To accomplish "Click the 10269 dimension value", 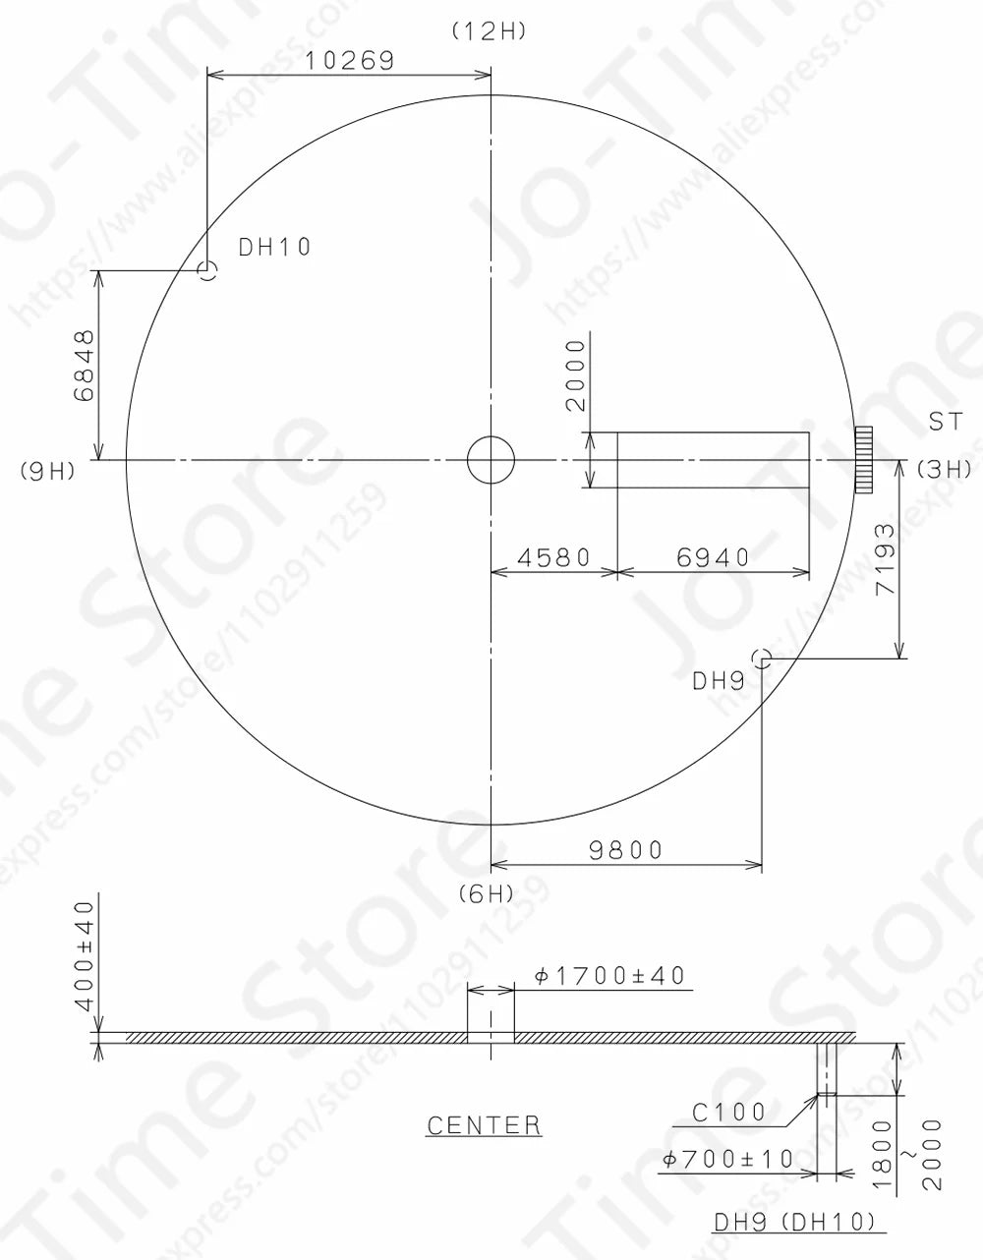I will tap(349, 60).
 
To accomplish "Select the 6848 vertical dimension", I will tap(86, 365).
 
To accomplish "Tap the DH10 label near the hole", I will tap(275, 247).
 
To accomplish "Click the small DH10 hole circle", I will tap(206, 270).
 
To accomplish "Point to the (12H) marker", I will tap(490, 31).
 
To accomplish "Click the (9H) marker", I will tap(47, 471).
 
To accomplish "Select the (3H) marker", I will tap(945, 470).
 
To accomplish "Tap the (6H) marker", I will tap(487, 892).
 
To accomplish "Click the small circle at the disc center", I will tap(491, 459).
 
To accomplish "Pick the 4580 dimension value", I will tap(553, 558).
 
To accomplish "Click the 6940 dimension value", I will tap(713, 558).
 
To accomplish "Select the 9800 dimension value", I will tap(626, 849).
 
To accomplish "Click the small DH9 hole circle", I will tap(761, 658).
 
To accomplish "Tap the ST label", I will tap(946, 423).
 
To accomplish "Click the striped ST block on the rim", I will tap(864, 459).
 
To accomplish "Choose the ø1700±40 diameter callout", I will tap(609, 976).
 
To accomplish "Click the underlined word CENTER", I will tap(484, 1125).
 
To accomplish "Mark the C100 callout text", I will tap(729, 1113).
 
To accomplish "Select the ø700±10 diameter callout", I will tap(728, 1159).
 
